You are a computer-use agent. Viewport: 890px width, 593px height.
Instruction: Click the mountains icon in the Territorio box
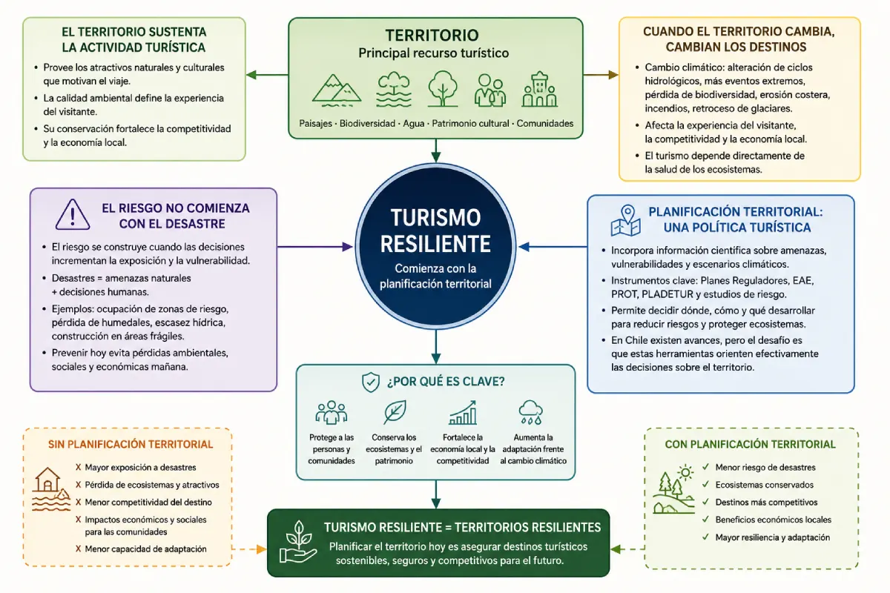point(337,90)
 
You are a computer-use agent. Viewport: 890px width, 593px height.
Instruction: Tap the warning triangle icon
point(73,214)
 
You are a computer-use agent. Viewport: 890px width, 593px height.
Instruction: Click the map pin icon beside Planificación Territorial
point(626,220)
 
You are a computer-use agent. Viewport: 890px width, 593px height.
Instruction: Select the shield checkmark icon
point(371,382)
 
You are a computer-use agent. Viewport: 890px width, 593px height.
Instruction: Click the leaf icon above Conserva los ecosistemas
point(395,412)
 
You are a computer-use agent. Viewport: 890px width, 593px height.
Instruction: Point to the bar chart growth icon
point(463,413)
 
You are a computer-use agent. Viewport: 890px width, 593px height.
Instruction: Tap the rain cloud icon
point(531,412)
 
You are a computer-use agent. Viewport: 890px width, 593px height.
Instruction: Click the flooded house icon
point(51,489)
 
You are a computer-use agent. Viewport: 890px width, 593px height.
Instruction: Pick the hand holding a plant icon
point(298,542)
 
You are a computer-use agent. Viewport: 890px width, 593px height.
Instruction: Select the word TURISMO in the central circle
point(436,218)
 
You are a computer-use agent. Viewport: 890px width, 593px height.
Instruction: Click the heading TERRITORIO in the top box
point(432,36)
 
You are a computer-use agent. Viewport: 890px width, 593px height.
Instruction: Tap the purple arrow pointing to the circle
point(314,247)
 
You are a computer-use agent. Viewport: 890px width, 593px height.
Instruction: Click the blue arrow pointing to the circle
point(553,247)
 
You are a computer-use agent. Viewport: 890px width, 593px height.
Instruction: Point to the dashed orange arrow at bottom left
point(249,549)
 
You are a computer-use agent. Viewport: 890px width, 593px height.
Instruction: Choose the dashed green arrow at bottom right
point(627,549)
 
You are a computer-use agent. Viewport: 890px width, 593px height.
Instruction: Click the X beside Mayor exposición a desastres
point(79,468)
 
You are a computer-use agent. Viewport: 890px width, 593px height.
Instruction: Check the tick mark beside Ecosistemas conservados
point(705,484)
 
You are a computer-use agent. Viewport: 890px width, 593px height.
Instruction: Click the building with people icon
point(540,90)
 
